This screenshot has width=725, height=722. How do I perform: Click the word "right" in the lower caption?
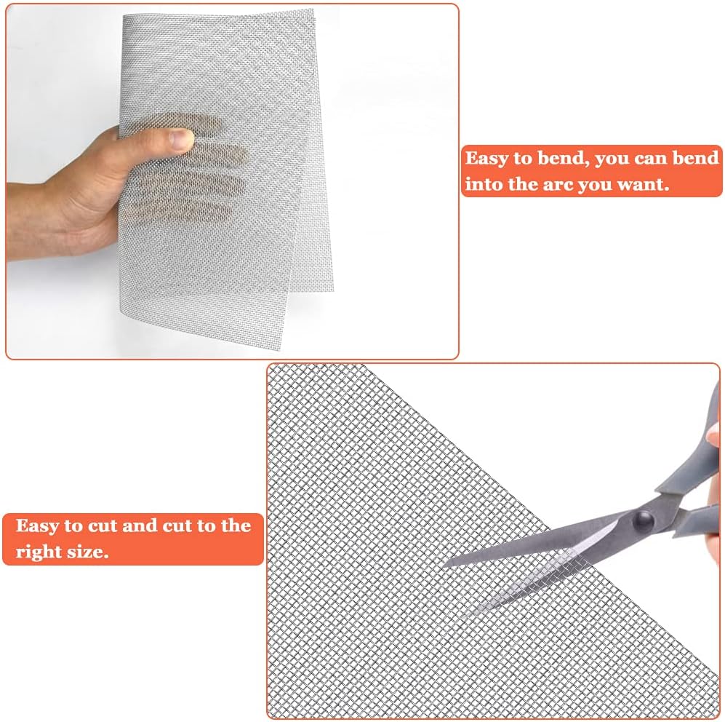pos(39,552)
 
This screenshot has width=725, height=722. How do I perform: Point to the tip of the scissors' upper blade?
pos(445,564)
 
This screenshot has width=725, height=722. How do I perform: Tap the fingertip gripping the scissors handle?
pos(716,437)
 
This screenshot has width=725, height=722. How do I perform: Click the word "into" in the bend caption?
pos(484,184)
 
